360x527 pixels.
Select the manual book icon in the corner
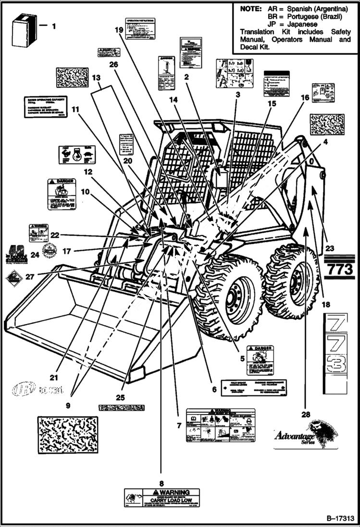point(24,30)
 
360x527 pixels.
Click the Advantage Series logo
point(305,435)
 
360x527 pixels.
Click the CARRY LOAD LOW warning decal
point(161,499)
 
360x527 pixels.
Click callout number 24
point(34,255)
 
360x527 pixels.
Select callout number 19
point(119,29)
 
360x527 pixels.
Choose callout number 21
point(67,377)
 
